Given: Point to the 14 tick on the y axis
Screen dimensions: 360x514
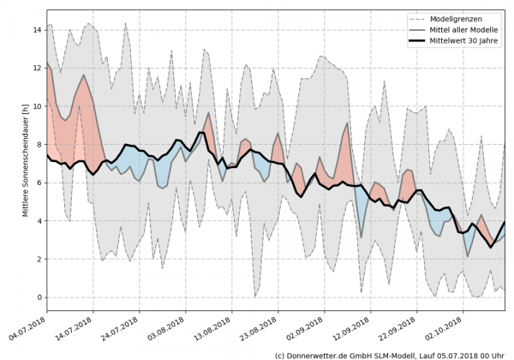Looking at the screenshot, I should point(37,30).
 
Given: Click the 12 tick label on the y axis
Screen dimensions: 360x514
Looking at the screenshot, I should point(37,68).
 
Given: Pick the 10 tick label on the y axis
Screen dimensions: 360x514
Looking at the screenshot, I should point(37,106).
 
